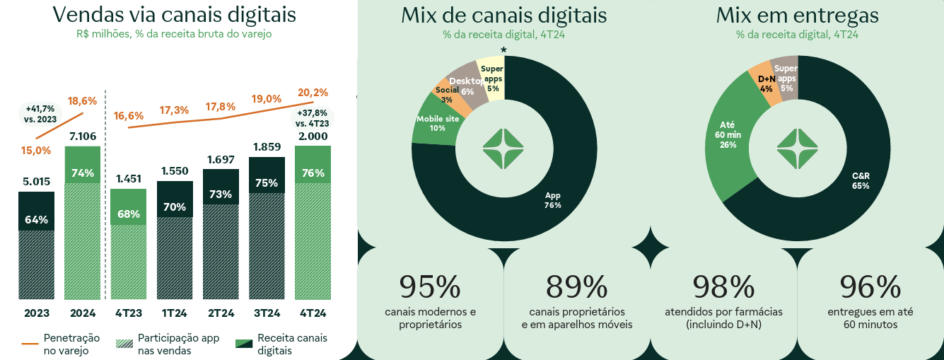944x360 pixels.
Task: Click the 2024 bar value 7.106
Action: pyautogui.click(x=83, y=137)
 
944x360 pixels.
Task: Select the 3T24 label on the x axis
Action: pyautogui.click(x=267, y=313)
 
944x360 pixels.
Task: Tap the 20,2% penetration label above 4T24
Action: pyautogui.click(x=313, y=92)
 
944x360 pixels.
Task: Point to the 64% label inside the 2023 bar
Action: pyautogui.click(x=36, y=219)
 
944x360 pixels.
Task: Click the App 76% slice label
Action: pyautogui.click(x=552, y=200)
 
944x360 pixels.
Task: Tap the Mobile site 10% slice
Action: pyautogui.click(x=438, y=123)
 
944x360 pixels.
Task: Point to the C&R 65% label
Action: pyautogui.click(x=861, y=180)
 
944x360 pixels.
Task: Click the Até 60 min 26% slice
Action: pyautogui.click(x=728, y=135)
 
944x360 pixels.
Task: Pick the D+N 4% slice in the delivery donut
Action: pyautogui.click(x=766, y=83)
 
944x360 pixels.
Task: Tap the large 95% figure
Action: pyautogui.click(x=430, y=286)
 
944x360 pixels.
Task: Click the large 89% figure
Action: pyautogui.click(x=576, y=286)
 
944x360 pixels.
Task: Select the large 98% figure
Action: pyautogui.click(x=723, y=286)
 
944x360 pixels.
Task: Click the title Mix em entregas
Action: pyautogui.click(x=797, y=16)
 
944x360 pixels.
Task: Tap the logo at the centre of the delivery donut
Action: pyautogui.click(x=797, y=149)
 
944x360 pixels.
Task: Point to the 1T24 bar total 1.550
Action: pyautogui.click(x=175, y=170)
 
